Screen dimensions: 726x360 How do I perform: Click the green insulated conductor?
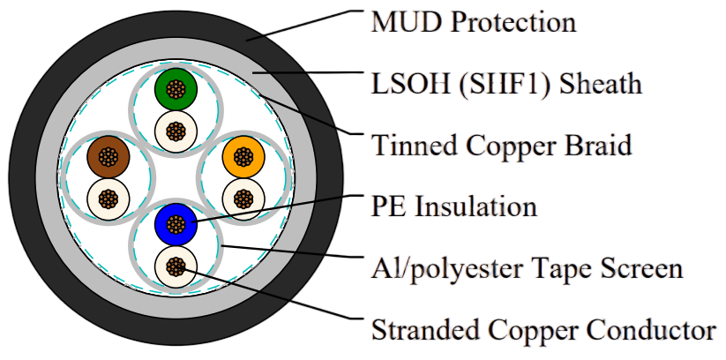point(176,89)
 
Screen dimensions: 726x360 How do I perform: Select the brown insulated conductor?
point(109,156)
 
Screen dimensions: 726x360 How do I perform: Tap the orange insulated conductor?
point(243,156)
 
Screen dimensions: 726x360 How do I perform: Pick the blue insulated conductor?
point(176,224)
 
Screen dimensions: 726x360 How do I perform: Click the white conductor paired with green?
point(176,131)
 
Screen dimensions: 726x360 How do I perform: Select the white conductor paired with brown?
point(109,199)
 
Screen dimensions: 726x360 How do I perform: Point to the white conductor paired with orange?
point(243,199)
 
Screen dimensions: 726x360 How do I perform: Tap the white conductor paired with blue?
point(176,266)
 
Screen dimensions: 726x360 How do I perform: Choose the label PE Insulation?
point(454,206)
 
